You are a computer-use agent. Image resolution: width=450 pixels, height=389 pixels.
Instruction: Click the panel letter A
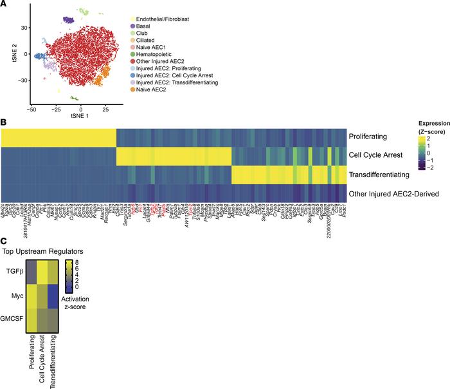click(3, 4)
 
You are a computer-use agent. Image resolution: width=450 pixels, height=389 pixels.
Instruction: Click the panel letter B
click(3, 120)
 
